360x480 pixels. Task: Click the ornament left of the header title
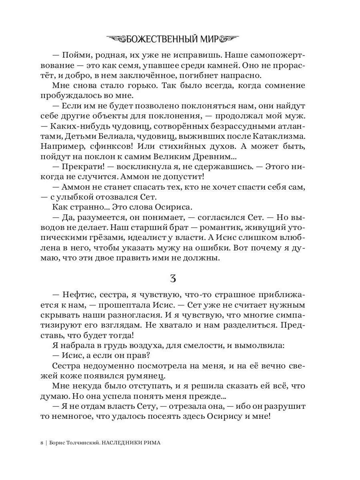pyautogui.click(x=116, y=39)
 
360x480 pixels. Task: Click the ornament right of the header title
pyautogui.click(x=227, y=39)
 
